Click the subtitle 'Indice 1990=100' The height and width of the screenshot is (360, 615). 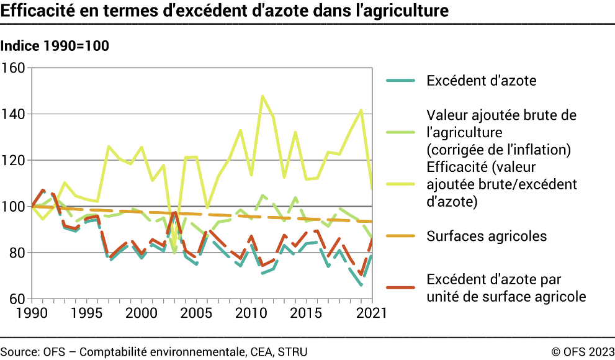pos(55,46)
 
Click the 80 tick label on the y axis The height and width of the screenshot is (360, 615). pos(16,253)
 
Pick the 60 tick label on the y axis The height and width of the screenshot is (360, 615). pos(16,299)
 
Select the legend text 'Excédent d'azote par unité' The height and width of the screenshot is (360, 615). pos(506,287)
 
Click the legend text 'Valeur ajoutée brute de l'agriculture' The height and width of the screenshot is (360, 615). pos(501,124)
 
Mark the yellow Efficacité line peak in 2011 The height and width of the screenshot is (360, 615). pos(262,96)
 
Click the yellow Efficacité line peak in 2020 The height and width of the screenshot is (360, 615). pos(361,110)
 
